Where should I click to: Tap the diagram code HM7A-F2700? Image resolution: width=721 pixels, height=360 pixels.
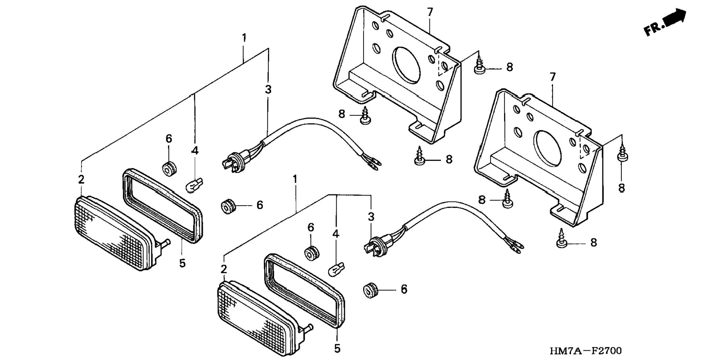coord(585,351)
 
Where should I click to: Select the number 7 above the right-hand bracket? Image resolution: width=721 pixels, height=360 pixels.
coord(552,77)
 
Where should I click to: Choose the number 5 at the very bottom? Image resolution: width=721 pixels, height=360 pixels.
coord(337,348)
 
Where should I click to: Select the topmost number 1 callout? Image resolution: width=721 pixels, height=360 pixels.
coord(244,38)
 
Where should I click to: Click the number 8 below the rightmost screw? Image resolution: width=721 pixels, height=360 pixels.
coord(621,188)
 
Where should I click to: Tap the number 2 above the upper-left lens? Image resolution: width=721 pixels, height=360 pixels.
coord(81,179)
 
